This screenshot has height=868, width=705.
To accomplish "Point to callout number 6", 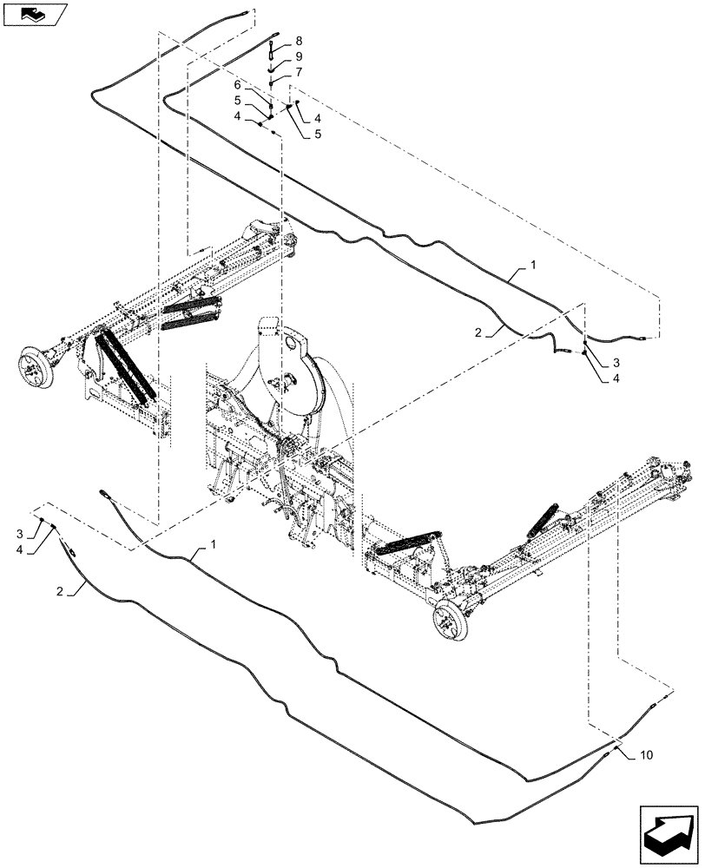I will [237, 84].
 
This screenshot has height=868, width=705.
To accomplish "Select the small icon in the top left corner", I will [34, 15].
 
